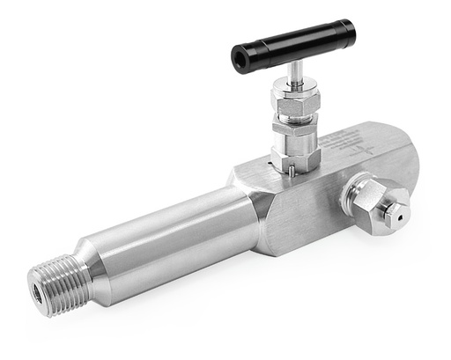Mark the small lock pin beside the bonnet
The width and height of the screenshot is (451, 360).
[x=276, y=159]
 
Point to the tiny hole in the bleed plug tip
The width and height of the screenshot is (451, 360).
[x=400, y=210]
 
